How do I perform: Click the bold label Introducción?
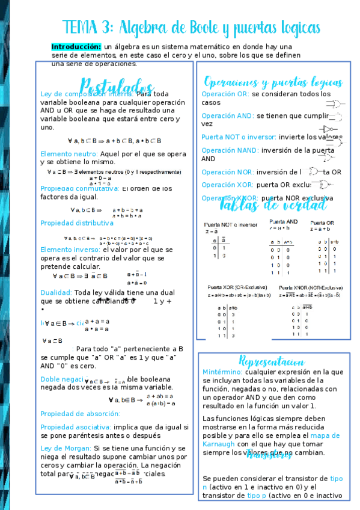(x=76, y=46)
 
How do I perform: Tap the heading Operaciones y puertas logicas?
(x=273, y=82)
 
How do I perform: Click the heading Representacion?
(x=271, y=361)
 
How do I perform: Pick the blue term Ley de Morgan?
(x=66, y=448)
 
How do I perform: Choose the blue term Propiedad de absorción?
(x=80, y=414)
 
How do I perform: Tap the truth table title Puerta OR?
(x=323, y=222)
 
